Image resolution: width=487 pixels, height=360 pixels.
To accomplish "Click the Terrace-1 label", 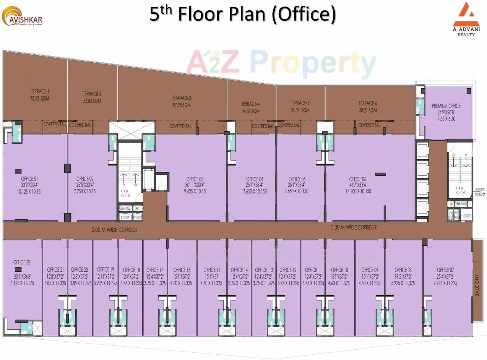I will [40, 91].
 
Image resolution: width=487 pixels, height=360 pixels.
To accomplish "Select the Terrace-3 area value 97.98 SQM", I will [182, 105].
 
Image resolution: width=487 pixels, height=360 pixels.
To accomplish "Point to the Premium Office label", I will [446, 106].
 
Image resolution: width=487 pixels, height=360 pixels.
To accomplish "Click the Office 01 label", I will [29, 179].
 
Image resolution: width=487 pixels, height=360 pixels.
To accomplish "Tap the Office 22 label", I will [22, 262].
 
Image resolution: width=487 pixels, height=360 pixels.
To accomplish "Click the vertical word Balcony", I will [477, 285].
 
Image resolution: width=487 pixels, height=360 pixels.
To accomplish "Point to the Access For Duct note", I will [480, 191].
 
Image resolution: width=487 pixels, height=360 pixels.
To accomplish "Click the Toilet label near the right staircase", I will [468, 216].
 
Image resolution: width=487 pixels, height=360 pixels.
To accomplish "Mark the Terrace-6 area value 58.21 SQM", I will [368, 110].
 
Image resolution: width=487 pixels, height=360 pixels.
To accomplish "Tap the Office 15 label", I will [212, 270].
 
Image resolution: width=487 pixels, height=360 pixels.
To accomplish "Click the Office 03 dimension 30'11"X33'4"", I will [195, 185].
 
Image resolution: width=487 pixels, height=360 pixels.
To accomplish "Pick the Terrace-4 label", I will [250, 104].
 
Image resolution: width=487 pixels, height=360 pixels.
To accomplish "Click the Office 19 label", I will [106, 269].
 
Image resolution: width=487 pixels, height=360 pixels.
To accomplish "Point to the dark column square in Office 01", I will [18, 171].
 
